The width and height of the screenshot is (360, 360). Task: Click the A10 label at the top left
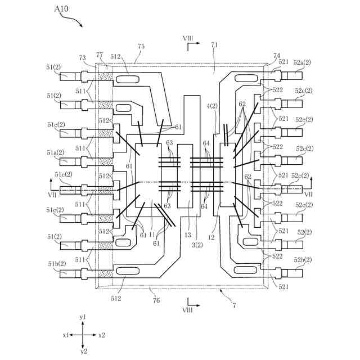pyautogui.click(x=61, y=9)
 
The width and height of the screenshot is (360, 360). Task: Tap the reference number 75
pyautogui.click(x=141, y=46)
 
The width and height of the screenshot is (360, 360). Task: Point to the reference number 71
pyautogui.click(x=214, y=45)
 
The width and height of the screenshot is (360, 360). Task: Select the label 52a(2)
pyautogui.click(x=302, y=62)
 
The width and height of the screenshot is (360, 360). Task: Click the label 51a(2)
pyautogui.click(x=56, y=152)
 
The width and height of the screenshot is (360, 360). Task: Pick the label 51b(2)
pyautogui.click(x=57, y=264)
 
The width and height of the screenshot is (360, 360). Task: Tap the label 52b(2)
pyautogui.click(x=303, y=260)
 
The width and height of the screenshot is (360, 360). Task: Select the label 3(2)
pyautogui.click(x=197, y=245)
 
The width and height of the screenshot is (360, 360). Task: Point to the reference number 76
pyautogui.click(x=156, y=300)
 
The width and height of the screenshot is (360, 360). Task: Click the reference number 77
pyautogui.click(x=100, y=55)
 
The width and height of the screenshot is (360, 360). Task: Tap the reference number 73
pyautogui.click(x=83, y=57)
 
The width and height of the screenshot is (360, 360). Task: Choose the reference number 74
pyautogui.click(x=277, y=56)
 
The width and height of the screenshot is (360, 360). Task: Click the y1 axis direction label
pyautogui.click(x=83, y=317)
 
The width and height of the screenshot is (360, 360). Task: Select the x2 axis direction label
pyautogui.click(x=102, y=335)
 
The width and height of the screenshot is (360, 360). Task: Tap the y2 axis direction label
pyautogui.click(x=84, y=352)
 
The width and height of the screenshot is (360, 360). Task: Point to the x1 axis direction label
pyautogui.click(x=66, y=335)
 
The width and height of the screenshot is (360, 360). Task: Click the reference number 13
pyautogui.click(x=188, y=235)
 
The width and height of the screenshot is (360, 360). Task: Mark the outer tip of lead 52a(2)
pyautogui.click(x=302, y=75)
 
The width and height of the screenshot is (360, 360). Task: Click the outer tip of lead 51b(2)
pyautogui.click(x=60, y=274)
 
